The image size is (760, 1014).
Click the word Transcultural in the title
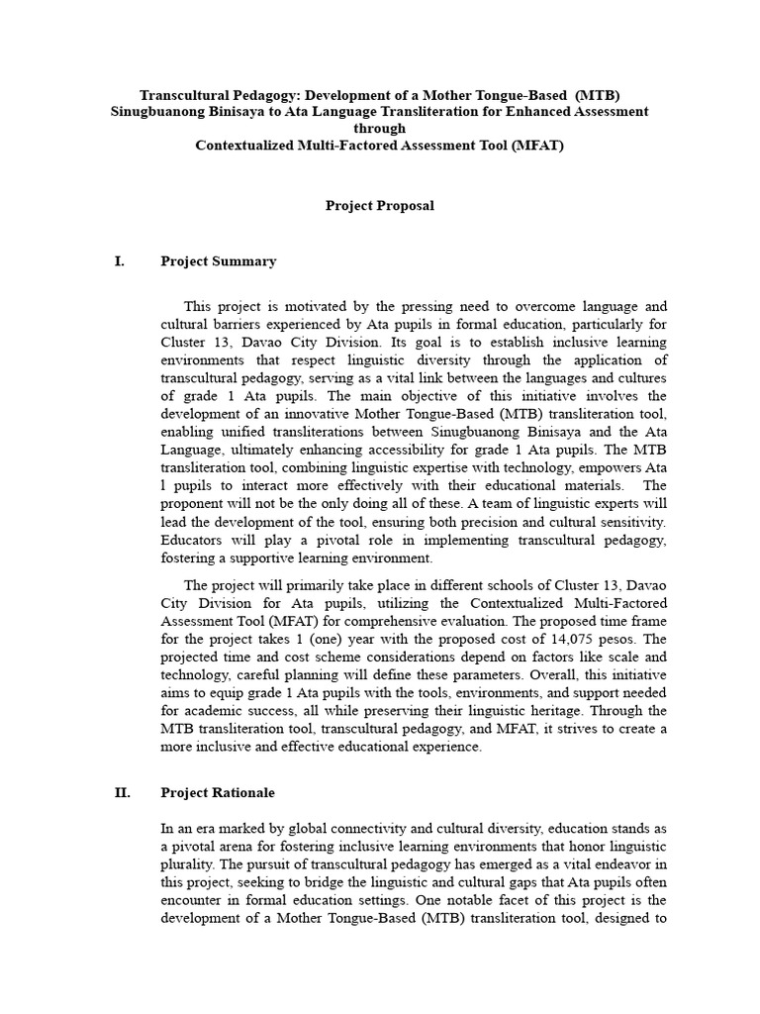tap(183, 95)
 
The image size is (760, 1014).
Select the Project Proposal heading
tap(380, 206)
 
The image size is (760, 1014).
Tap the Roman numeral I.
tap(120, 261)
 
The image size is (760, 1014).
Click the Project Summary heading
tap(218, 261)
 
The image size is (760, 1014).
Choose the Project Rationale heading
tap(218, 792)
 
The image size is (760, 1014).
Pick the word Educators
tap(192, 540)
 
